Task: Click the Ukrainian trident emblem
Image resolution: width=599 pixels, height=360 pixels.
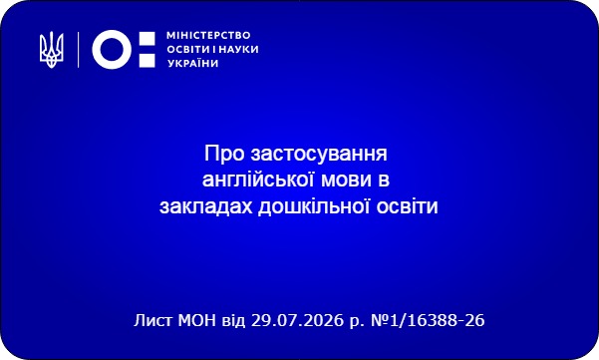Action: click(52, 50)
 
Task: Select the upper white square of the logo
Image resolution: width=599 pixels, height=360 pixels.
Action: click(148, 39)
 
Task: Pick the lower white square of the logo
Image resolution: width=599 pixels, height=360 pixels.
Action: click(148, 61)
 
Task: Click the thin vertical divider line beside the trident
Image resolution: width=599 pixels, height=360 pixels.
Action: click(79, 50)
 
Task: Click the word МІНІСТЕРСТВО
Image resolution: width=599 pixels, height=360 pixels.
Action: click(208, 36)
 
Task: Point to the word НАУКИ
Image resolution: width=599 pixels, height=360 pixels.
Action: click(239, 49)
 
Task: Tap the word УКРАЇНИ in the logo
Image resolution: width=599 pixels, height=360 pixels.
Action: click(193, 63)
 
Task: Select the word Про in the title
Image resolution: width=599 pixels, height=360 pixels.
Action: click(224, 154)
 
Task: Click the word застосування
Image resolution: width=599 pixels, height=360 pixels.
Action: click(319, 155)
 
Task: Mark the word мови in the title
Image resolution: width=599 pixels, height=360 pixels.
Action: click(347, 180)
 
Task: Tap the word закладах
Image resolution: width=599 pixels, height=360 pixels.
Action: click(206, 206)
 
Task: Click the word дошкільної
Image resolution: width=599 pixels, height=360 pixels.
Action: click(314, 206)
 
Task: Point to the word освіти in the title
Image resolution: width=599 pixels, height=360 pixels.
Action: click(408, 206)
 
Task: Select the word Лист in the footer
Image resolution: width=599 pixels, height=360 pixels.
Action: click(153, 320)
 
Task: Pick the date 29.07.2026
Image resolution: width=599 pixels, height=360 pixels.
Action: click(298, 320)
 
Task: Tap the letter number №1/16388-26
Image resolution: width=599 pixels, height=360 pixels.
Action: click(428, 320)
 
